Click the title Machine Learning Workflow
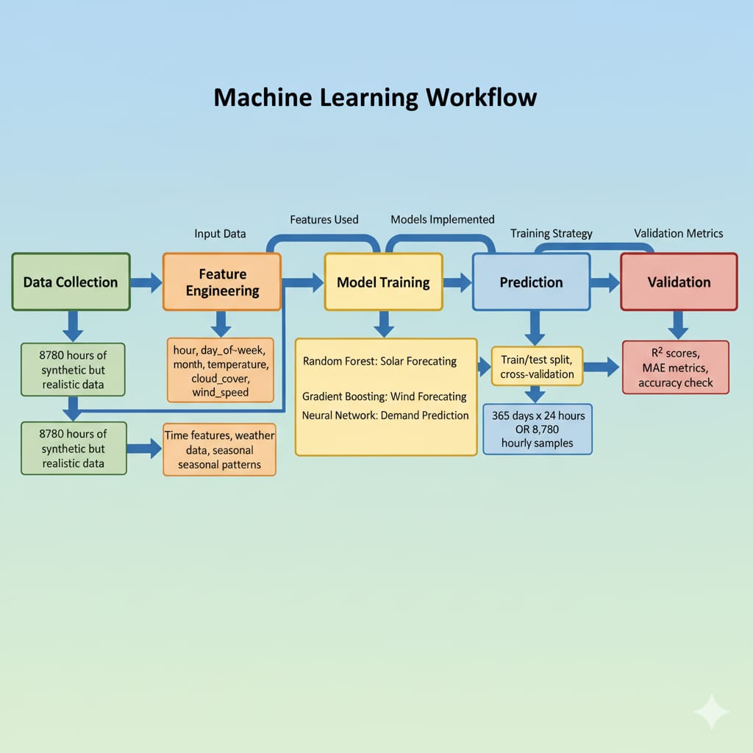point(375,98)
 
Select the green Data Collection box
point(71,282)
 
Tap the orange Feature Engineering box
point(222,282)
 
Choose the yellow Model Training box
point(383,282)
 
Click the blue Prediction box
point(531,282)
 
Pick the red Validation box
point(679,282)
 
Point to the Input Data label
point(220,234)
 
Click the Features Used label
point(324,219)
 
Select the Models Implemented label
point(443,219)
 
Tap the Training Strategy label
point(552,233)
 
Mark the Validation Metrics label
point(679,233)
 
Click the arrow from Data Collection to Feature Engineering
point(146,282)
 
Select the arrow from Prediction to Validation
point(605,282)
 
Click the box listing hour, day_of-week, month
point(221,369)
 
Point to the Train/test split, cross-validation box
point(537,366)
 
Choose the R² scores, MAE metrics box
point(675,367)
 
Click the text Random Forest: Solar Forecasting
point(379,361)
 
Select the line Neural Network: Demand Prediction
point(385,415)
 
